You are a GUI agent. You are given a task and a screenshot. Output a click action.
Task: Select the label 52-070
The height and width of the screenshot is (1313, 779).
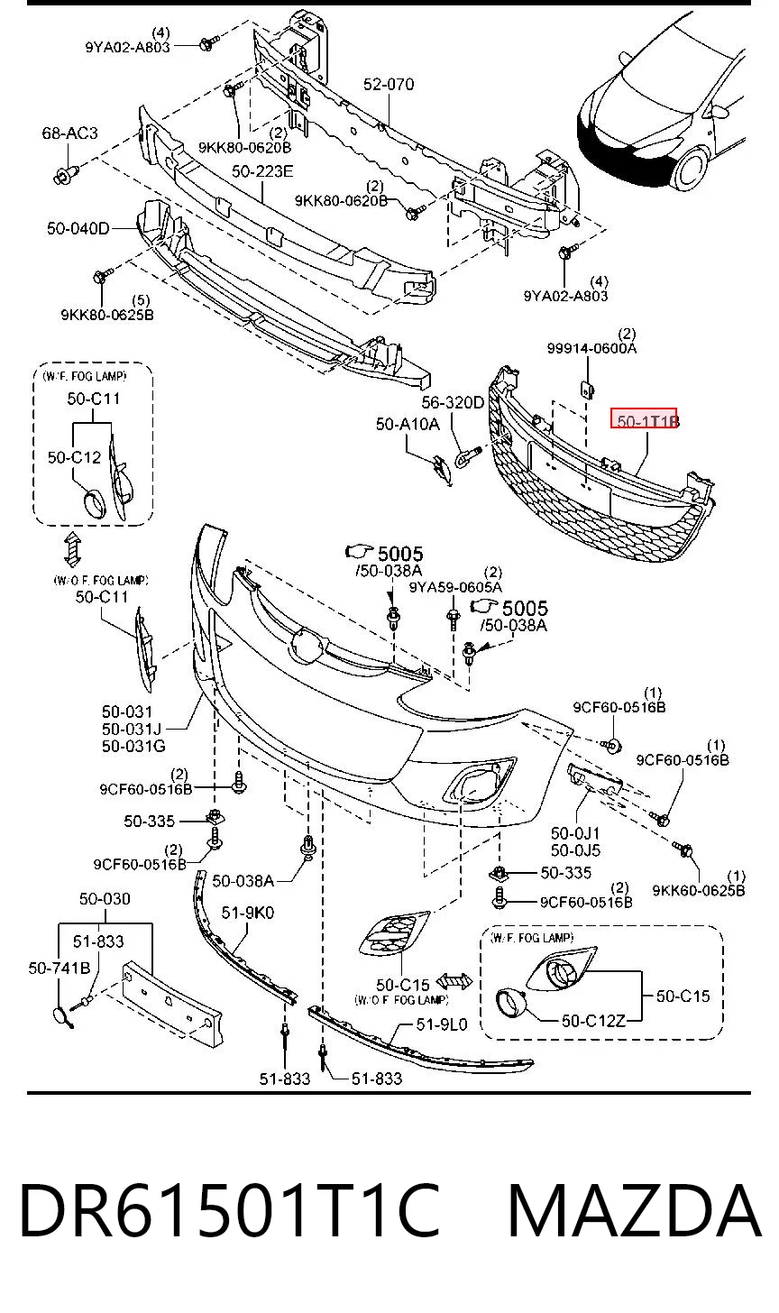point(388,85)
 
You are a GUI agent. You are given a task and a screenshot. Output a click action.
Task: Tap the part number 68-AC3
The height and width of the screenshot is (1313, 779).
point(69,133)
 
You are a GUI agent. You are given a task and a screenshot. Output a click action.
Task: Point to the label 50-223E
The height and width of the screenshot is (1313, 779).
point(262,171)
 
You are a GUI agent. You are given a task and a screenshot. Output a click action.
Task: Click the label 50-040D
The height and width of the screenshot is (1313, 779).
point(78,228)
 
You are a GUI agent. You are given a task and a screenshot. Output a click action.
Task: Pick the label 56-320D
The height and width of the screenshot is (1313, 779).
point(454,403)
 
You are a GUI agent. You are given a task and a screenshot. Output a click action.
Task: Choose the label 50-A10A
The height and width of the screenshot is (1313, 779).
point(408,424)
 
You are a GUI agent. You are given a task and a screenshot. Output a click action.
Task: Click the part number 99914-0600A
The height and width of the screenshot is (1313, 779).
point(591,348)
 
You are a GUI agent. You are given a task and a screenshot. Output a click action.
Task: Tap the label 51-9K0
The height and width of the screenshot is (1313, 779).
point(247,913)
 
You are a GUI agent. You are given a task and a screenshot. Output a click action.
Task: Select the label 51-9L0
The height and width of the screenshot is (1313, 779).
point(442,1024)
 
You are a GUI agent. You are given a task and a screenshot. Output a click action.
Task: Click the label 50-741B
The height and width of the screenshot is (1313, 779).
point(60,968)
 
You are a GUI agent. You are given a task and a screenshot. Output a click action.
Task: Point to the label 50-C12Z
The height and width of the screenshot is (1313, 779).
point(593,1021)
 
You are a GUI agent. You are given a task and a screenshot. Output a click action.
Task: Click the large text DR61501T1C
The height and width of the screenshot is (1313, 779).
point(229,1210)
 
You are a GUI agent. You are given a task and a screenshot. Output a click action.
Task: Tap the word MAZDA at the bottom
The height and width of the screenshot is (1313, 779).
point(634,1210)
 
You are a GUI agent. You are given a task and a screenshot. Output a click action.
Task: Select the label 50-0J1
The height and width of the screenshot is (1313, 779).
point(575,833)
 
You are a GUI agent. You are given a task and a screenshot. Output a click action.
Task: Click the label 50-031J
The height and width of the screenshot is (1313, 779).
point(132,730)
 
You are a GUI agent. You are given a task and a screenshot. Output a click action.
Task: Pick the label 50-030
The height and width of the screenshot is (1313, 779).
point(105,898)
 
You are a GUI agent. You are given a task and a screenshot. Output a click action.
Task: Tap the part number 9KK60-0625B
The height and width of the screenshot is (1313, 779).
point(699,890)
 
